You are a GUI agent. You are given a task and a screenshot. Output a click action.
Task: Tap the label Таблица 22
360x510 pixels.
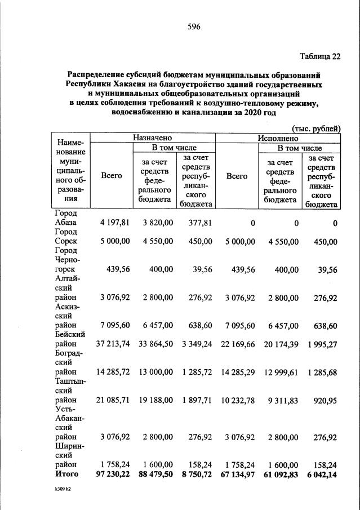[x=320, y=55]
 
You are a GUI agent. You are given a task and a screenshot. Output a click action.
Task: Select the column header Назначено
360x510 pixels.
[x=152, y=138]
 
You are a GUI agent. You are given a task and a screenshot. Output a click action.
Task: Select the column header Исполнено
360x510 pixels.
[x=277, y=138]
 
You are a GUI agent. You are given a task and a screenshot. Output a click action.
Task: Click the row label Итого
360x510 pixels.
[x=67, y=474]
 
